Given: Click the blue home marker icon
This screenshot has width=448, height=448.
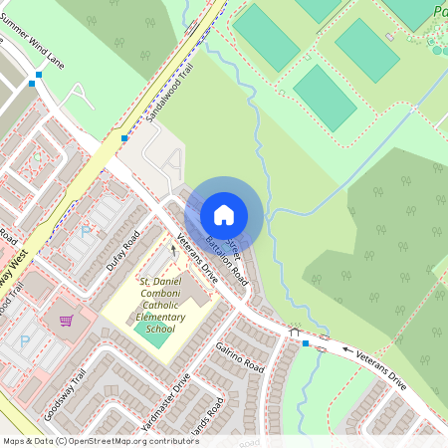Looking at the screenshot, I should tap(224, 215).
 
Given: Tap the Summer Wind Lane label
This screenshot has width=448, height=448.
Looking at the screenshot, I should tap(34, 45).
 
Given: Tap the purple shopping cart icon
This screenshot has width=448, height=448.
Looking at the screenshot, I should tap(66, 321).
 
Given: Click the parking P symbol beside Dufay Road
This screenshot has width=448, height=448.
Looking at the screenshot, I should tap(85, 232).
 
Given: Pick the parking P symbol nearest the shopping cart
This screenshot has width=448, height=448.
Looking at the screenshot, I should tap(25, 340).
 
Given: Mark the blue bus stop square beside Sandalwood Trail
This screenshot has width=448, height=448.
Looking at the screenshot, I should tap(124, 138).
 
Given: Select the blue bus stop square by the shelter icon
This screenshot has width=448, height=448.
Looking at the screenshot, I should tap(306, 343).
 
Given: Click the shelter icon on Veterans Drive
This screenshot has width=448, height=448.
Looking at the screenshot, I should tap(294, 333).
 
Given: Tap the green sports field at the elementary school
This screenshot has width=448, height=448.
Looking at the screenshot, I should tap(151, 337).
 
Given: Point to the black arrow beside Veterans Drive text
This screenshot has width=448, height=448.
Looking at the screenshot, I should tap(347, 350).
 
